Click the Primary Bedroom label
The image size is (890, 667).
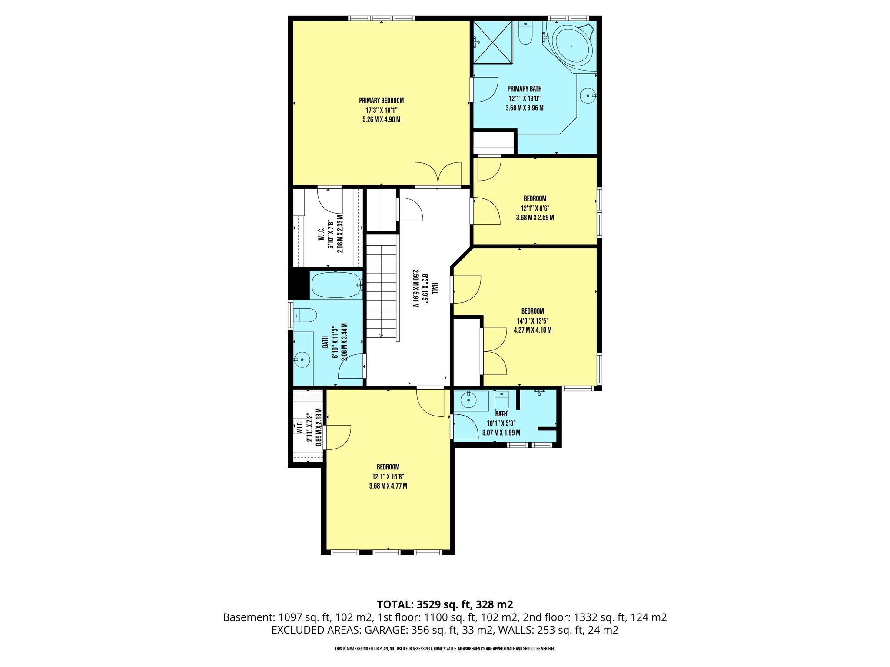click(x=381, y=101)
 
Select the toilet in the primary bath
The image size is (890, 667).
click(x=525, y=33)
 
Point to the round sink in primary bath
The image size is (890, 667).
click(x=588, y=95)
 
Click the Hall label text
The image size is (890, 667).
click(x=435, y=289)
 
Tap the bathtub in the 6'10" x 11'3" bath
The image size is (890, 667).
click(x=337, y=285)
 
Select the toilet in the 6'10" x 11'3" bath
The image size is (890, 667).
click(x=306, y=315)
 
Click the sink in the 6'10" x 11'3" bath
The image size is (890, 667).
click(x=302, y=360)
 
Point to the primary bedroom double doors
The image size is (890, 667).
click(x=438, y=175)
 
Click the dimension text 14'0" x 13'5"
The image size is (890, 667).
click(x=533, y=321)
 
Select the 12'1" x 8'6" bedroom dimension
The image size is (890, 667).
click(x=535, y=208)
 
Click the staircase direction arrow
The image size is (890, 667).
click(x=381, y=335)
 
